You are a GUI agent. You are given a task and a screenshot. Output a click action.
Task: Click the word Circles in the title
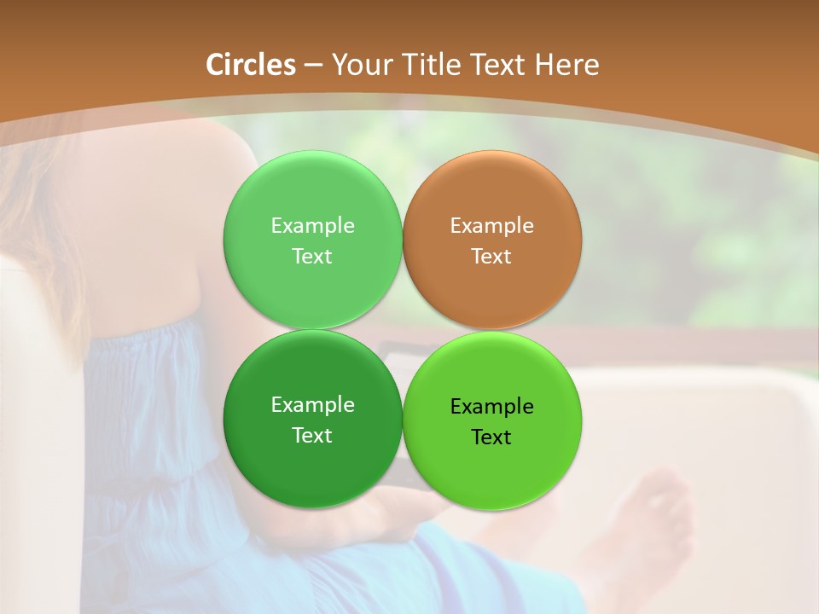tap(250, 65)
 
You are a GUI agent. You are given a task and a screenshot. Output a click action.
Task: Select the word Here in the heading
tap(567, 65)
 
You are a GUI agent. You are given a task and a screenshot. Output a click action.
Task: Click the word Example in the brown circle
tap(492, 226)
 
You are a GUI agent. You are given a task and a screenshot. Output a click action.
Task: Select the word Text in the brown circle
tap(492, 257)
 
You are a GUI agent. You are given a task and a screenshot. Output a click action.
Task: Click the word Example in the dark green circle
tap(312, 405)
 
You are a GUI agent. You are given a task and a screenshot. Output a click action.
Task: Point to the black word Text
tap(492, 437)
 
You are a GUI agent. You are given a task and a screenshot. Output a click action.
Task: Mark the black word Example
tap(492, 407)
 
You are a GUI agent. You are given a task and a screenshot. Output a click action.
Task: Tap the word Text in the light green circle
tap(312, 257)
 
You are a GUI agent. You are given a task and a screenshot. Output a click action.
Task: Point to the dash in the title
tap(313, 66)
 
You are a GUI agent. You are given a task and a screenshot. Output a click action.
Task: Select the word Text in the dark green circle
tap(312, 436)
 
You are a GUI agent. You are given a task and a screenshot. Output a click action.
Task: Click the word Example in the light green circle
tap(312, 226)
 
